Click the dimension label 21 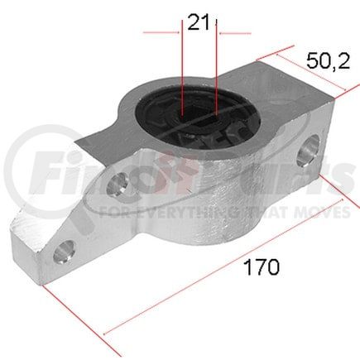pyautogui.click(x=198, y=22)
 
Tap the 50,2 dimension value pyautogui.click(x=325, y=60)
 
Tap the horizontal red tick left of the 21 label pyautogui.click(x=162, y=33)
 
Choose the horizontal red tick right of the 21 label pyautogui.click(x=234, y=33)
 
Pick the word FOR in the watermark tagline pyautogui.click(x=113, y=213)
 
